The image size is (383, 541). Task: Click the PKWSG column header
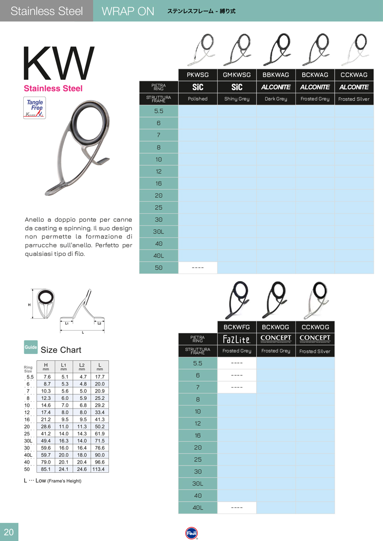(x=197, y=75)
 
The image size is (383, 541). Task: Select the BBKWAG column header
(x=276, y=75)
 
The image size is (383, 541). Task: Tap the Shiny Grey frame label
(x=237, y=99)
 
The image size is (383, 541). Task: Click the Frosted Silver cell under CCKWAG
(x=354, y=99)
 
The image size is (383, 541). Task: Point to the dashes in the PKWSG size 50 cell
(x=197, y=268)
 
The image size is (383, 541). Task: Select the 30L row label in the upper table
(x=158, y=231)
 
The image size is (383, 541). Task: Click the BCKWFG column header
(x=237, y=327)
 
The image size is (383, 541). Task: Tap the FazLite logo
(x=237, y=339)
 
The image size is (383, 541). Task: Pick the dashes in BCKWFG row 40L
(x=237, y=507)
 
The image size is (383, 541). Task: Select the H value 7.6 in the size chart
(x=46, y=377)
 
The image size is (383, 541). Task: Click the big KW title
(x=59, y=63)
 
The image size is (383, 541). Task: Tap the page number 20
(x=9, y=532)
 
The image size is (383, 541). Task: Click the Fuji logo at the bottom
(x=191, y=533)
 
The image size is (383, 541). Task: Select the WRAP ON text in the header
(x=128, y=11)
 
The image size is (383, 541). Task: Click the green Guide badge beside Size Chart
(x=31, y=347)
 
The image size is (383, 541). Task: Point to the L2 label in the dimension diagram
(x=99, y=323)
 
